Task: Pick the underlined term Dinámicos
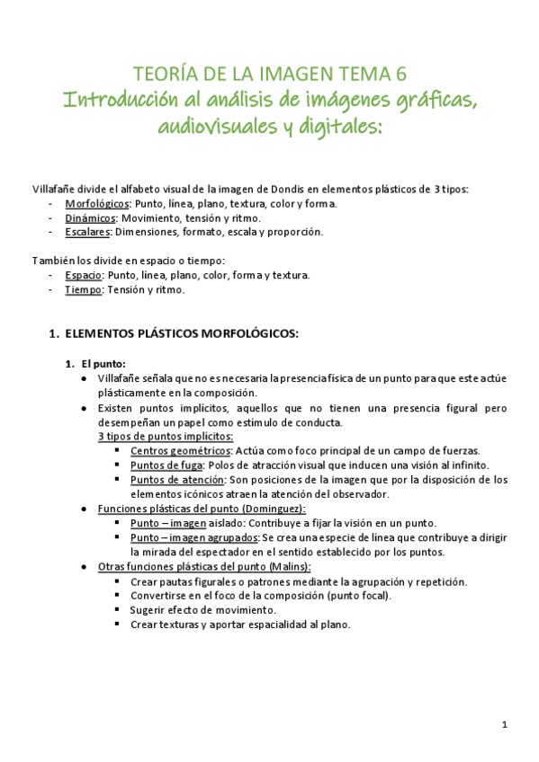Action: point(90,217)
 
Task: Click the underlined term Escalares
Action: point(87,232)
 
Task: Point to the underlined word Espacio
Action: point(84,275)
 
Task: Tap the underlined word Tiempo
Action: point(83,289)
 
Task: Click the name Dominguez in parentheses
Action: point(276,509)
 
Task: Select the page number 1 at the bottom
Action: point(505,724)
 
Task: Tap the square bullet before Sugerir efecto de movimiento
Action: point(119,609)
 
